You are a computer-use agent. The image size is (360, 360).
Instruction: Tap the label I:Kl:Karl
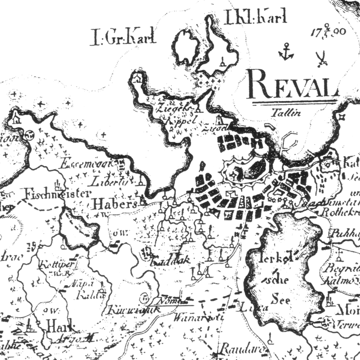(x=255, y=18)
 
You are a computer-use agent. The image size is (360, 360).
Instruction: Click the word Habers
(x=114, y=203)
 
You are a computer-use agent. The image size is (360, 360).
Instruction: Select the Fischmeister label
(x=49, y=195)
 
